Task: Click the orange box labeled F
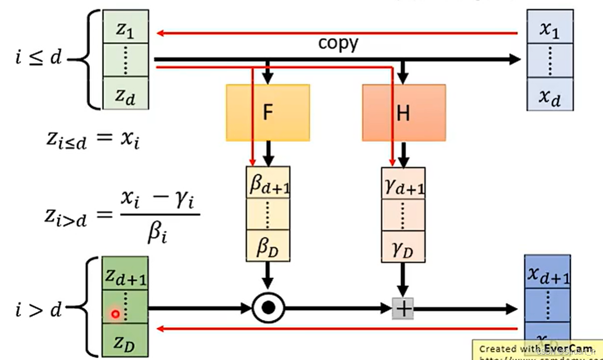(268, 112)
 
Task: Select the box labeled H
(404, 112)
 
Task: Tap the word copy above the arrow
(338, 43)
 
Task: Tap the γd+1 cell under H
(403, 184)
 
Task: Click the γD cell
(403, 247)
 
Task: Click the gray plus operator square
(403, 308)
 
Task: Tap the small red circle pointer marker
(115, 314)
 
